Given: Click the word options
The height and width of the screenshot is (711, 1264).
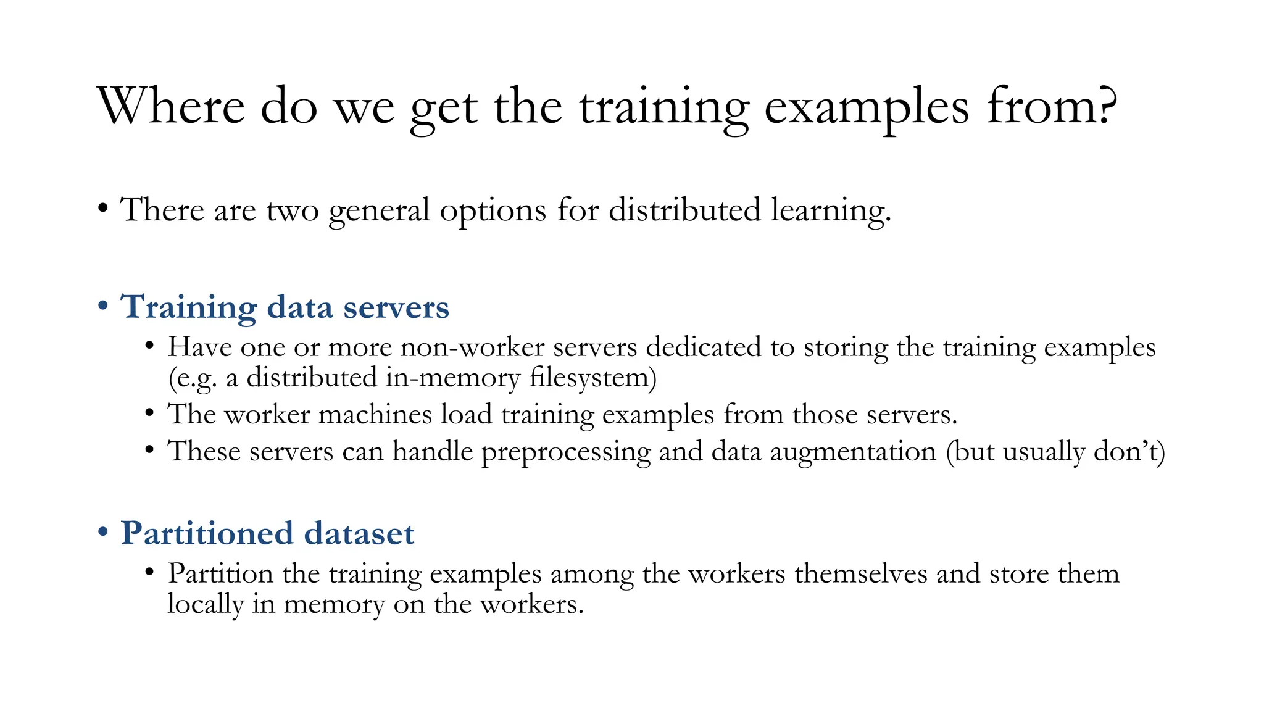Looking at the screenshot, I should click(x=493, y=211).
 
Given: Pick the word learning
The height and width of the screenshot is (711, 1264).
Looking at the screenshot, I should click(x=830, y=211).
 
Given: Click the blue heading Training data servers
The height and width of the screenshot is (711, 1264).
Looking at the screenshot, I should click(x=285, y=307).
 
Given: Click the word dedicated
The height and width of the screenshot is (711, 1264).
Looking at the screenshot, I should click(x=704, y=347).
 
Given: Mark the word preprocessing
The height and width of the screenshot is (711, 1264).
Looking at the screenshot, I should click(x=565, y=452).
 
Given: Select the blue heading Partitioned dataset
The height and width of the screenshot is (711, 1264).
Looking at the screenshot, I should click(x=267, y=533).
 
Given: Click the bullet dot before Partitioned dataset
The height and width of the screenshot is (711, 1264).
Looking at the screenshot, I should click(x=103, y=532).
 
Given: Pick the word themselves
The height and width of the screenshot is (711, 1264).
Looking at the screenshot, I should click(x=860, y=574).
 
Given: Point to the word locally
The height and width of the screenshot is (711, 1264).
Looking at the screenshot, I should click(x=205, y=604).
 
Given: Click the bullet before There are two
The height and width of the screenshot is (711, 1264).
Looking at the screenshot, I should click(x=103, y=208).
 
